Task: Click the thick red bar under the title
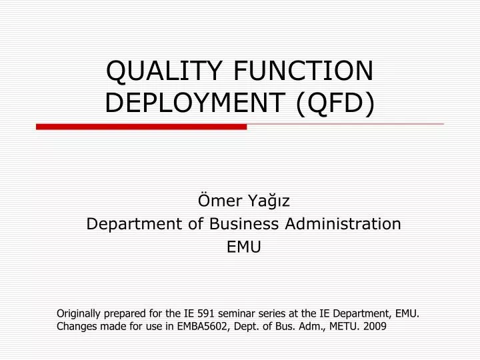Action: [141, 126]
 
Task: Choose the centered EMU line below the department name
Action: [244, 247]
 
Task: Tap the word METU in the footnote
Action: [345, 327]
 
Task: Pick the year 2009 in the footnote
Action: [375, 327]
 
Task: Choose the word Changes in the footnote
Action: [75, 327]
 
